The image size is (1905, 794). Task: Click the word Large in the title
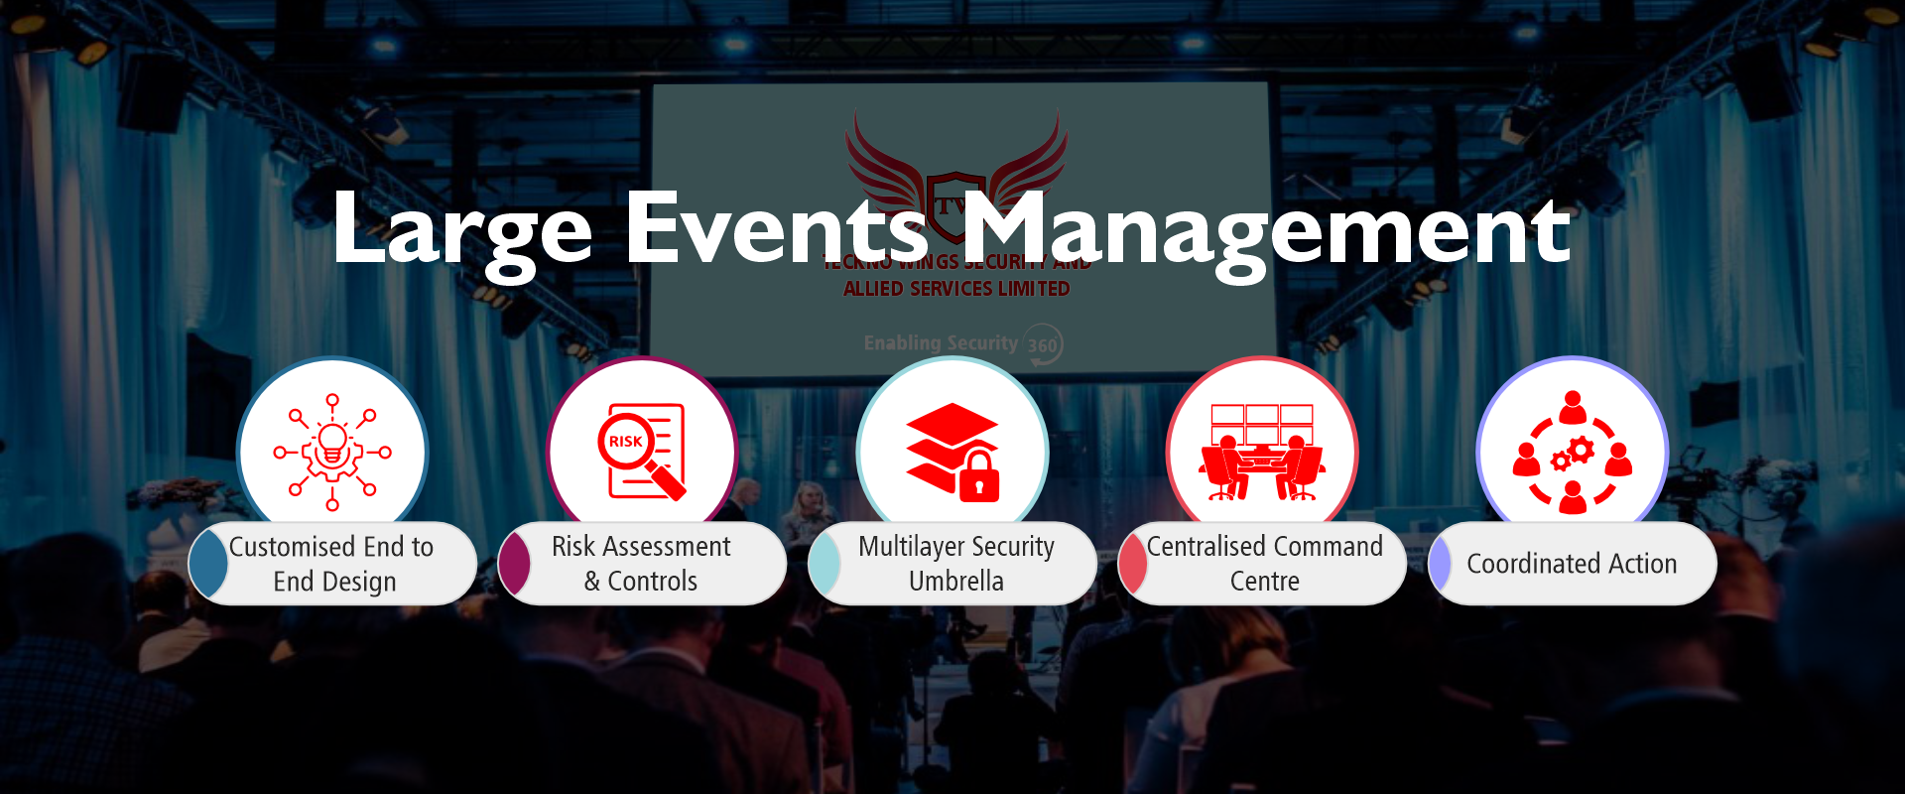click(461, 230)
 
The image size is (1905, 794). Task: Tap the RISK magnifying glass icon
click(642, 451)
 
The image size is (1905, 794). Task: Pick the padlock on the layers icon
click(979, 476)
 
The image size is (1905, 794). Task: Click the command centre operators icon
click(1262, 453)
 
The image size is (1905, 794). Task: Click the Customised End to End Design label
click(332, 564)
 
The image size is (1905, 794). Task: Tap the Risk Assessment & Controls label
click(641, 564)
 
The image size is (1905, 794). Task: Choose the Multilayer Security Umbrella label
click(956, 564)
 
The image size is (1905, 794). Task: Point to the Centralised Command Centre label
click(1265, 564)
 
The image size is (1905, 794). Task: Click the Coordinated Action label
click(1572, 564)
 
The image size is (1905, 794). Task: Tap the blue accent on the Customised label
click(209, 564)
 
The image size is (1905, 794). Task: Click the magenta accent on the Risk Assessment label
click(515, 564)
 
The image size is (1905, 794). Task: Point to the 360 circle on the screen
click(1043, 345)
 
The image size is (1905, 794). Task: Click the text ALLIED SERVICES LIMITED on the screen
click(956, 289)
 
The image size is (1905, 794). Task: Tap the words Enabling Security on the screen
click(941, 343)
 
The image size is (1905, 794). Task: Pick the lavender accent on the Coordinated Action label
click(1440, 564)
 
